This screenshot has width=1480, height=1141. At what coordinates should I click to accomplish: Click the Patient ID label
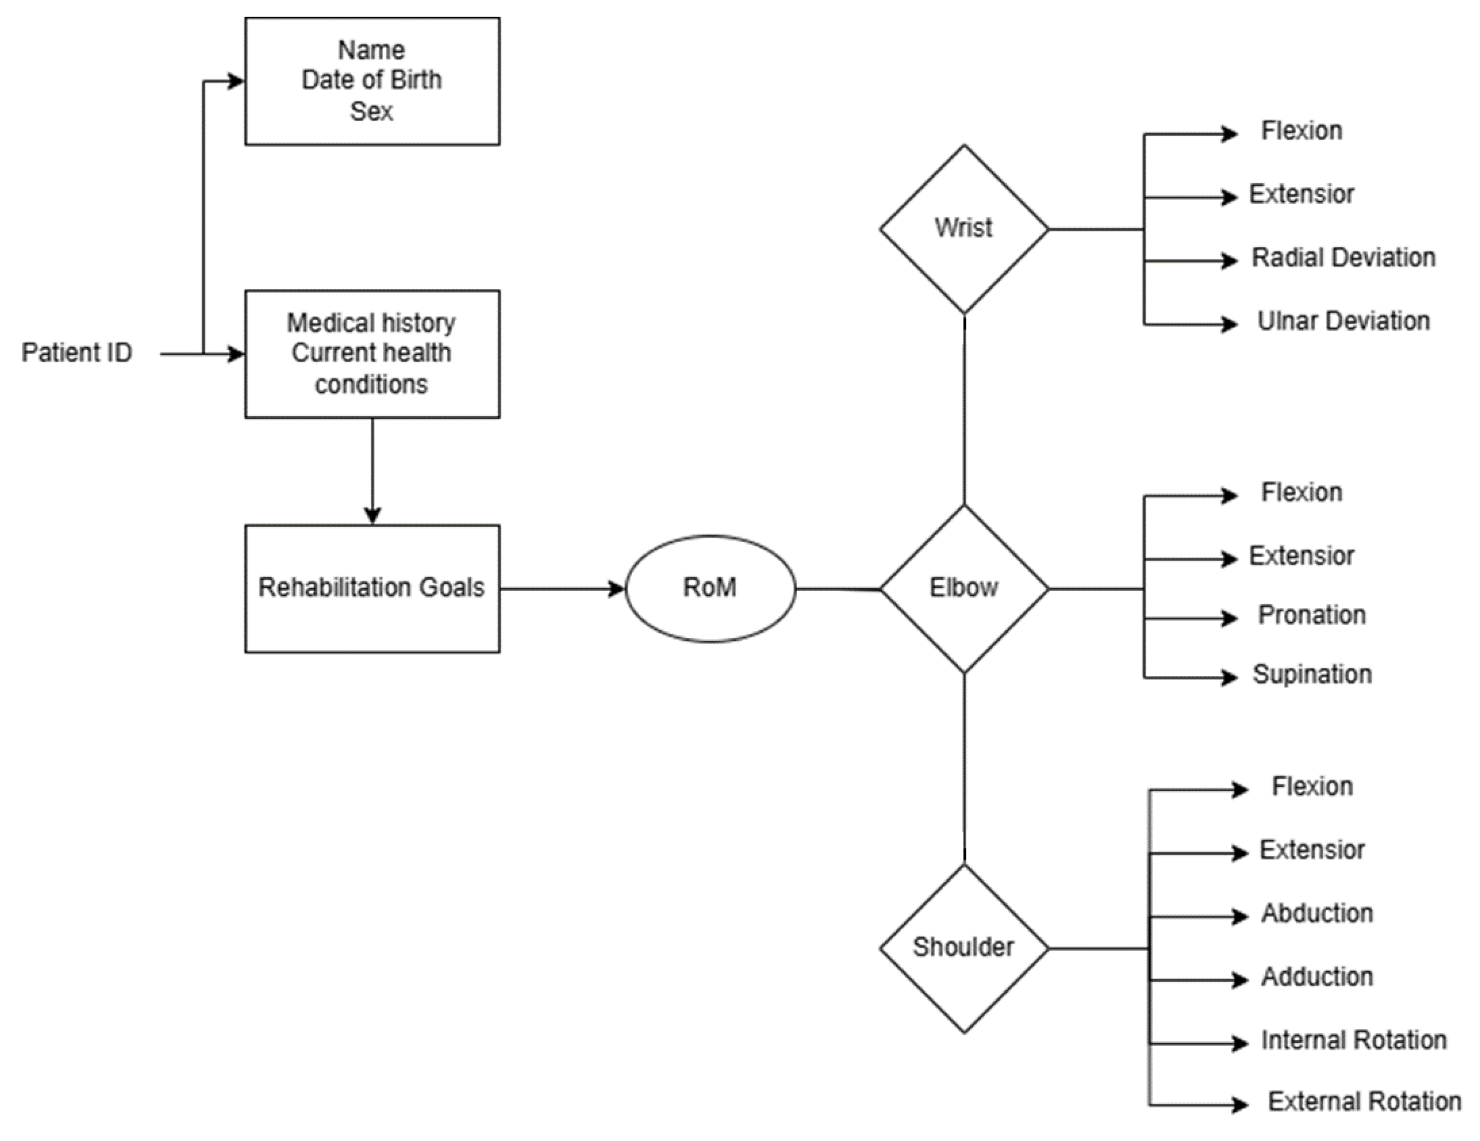(77, 352)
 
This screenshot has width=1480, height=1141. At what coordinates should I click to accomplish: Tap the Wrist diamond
(964, 229)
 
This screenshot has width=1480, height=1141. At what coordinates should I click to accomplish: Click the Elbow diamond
(964, 588)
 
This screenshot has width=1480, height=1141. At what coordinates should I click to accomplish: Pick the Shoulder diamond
(964, 947)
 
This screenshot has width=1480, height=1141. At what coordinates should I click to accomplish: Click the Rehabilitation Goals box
(372, 588)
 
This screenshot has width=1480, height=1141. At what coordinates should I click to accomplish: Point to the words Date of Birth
(371, 80)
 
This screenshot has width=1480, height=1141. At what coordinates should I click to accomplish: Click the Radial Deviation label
(1343, 258)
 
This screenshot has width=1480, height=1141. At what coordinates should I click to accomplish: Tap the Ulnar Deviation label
(1343, 321)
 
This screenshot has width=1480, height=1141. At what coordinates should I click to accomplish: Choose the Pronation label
(1312, 615)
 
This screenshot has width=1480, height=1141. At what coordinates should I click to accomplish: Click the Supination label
(1312, 674)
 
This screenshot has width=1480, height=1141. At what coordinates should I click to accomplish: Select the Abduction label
(1317, 914)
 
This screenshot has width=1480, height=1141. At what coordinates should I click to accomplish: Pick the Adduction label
(1317, 977)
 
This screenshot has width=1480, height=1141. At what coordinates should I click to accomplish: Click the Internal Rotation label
(1353, 1040)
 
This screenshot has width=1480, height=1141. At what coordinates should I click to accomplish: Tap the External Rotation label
(1364, 1102)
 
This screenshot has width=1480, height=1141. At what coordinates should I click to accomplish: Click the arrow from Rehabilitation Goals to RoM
(563, 589)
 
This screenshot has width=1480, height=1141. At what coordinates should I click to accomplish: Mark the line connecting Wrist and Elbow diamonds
(964, 410)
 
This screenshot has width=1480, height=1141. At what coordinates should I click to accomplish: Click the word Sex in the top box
(371, 111)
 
